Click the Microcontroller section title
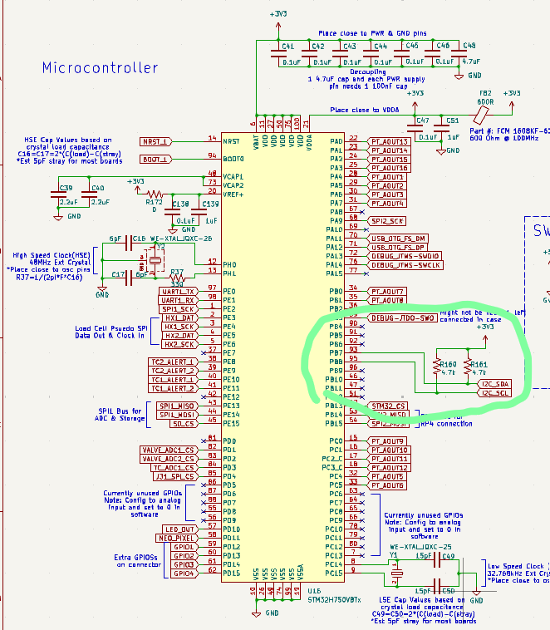[99, 67]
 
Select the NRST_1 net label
[155, 141]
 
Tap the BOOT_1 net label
[155, 159]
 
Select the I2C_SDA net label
[493, 384]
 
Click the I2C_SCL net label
[493, 393]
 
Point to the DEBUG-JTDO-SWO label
[403, 317]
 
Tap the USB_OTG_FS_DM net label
[399, 239]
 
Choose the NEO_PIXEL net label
[179, 538]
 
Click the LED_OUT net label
[180, 529]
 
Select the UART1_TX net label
[179, 291]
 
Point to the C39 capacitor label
[66, 189]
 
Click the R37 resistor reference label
[176, 272]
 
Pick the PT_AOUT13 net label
[390, 141]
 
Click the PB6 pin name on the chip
[336, 344]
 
